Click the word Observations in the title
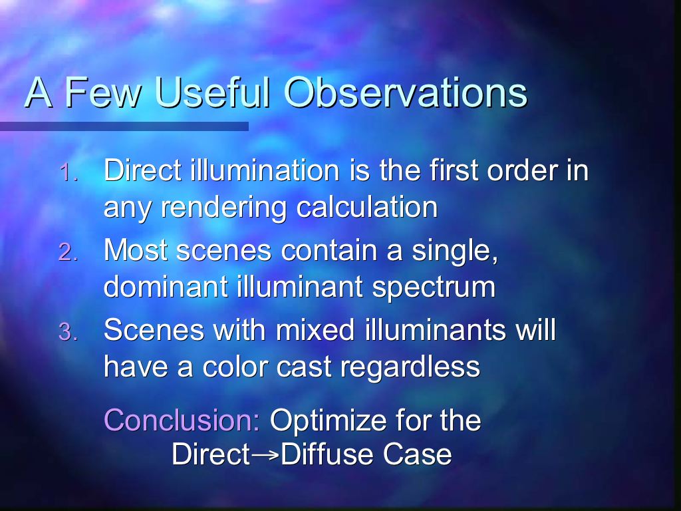click(406, 92)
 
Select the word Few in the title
click(103, 92)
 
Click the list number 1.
click(68, 172)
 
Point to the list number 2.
click(68, 252)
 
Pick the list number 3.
click(68, 333)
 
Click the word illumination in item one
click(265, 170)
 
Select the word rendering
click(224, 208)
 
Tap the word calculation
click(367, 206)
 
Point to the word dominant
click(166, 287)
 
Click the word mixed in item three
click(315, 329)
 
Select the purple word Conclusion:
click(182, 420)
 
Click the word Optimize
click(328, 421)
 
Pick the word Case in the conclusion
click(417, 454)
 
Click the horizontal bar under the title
click(124, 126)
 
